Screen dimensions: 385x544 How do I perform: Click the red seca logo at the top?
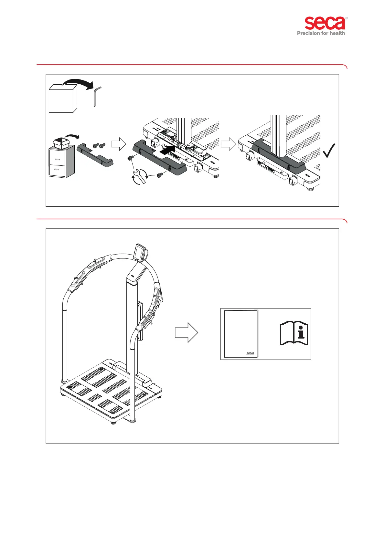pyautogui.click(x=325, y=24)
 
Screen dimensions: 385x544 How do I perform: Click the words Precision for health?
pyautogui.click(x=321, y=33)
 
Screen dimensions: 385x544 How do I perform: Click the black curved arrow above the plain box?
pyautogui.click(x=78, y=83)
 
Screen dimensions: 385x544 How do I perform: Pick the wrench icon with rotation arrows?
pyautogui.click(x=139, y=176)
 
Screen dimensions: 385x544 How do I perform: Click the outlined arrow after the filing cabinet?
pyautogui.click(x=118, y=144)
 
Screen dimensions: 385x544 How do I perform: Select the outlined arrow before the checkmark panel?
pyautogui.click(x=228, y=144)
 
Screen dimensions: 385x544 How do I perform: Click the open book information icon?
pyautogui.click(x=294, y=333)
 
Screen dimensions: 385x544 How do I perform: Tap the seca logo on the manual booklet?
pyautogui.click(x=250, y=353)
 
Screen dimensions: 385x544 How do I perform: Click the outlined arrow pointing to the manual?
pyautogui.click(x=186, y=332)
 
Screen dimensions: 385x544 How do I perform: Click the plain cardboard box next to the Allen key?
pyautogui.click(x=63, y=99)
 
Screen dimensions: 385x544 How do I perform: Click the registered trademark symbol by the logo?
pyautogui.click(x=347, y=18)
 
